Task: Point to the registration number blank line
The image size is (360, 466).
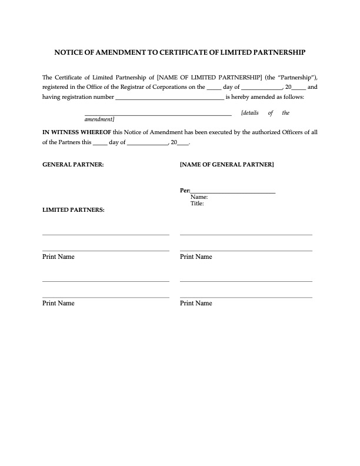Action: pyautogui.click(x=169, y=98)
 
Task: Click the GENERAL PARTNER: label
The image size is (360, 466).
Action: pyautogui.click(x=73, y=165)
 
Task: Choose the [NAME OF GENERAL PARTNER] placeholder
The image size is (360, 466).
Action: pyautogui.click(x=226, y=165)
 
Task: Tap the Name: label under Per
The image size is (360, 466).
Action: pyautogui.click(x=199, y=198)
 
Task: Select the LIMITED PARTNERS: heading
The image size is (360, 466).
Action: pyautogui.click(x=74, y=209)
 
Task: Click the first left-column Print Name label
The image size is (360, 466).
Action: pyautogui.click(x=58, y=257)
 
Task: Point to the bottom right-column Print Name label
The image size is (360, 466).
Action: pyautogui.click(x=196, y=304)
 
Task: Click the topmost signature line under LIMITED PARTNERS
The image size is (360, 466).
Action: pyautogui.click(x=106, y=235)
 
